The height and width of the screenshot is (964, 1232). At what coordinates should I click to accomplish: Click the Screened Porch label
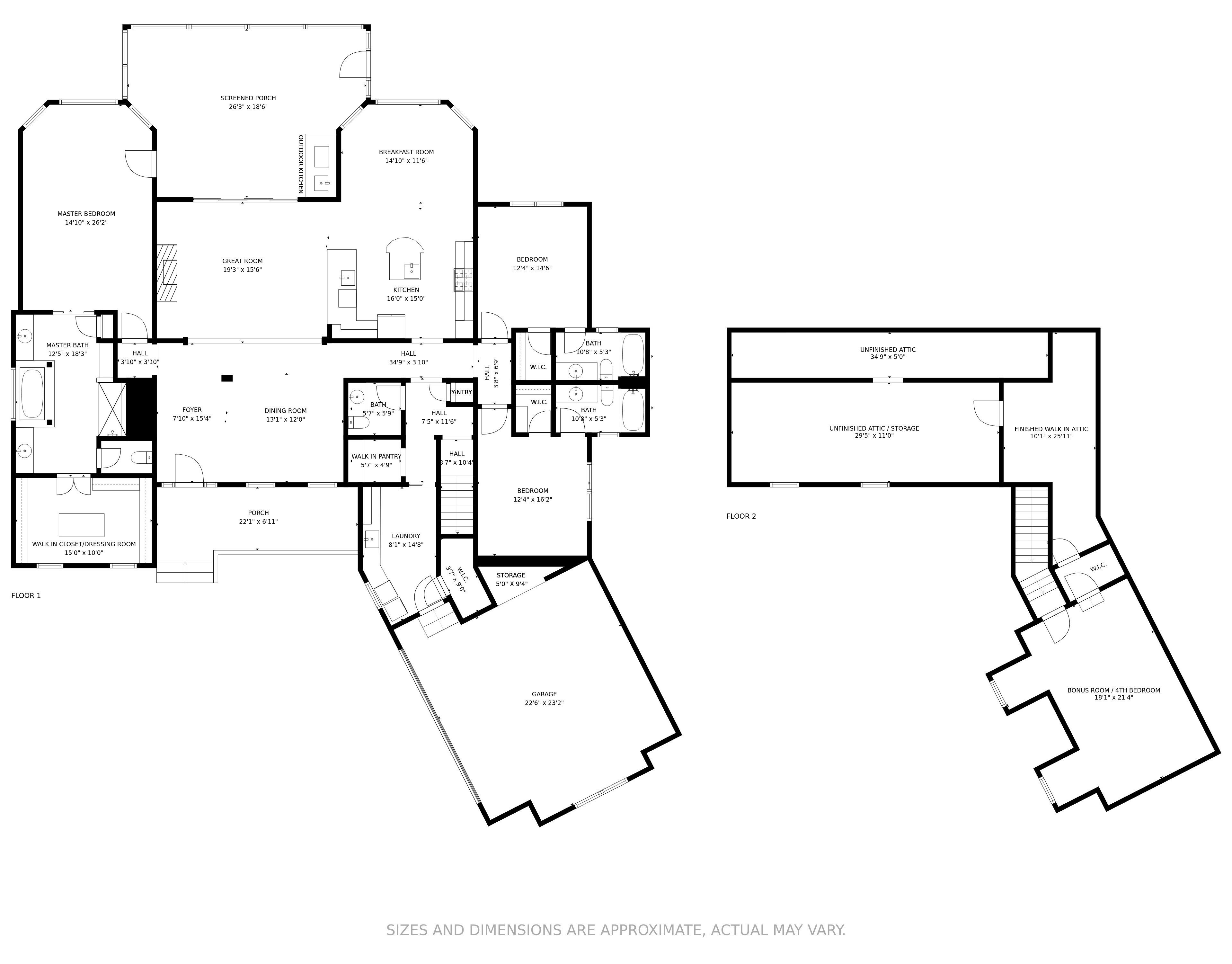pos(248,98)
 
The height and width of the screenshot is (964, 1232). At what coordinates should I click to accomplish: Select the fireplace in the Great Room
pos(167,274)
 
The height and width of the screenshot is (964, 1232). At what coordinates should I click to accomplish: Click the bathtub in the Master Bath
pos(32,393)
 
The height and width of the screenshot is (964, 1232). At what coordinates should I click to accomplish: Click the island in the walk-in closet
pos(82,525)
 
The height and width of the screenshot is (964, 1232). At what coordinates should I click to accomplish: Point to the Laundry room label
pos(406,536)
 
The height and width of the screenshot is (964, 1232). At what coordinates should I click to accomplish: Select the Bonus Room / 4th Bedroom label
pos(1113,690)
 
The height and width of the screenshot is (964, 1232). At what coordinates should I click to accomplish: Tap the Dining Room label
pos(286,411)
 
